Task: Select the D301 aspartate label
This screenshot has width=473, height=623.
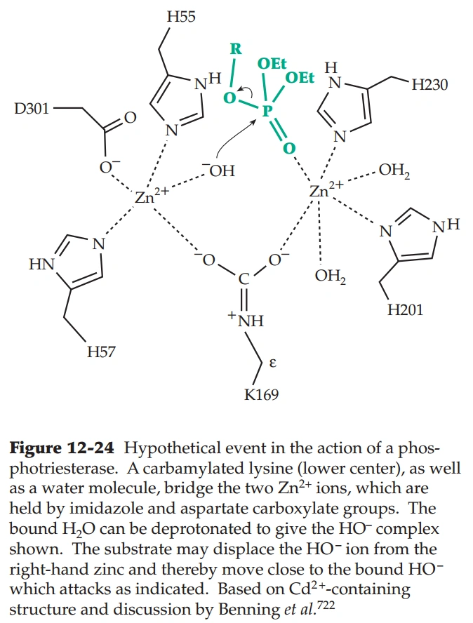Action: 32,109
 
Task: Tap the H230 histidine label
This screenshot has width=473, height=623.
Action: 429,85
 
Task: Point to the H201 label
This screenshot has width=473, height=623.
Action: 405,309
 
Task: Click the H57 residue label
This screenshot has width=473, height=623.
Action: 101,352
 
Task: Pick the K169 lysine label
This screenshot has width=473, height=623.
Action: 261,395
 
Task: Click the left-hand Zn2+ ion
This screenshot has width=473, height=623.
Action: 148,197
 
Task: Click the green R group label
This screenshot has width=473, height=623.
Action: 236,49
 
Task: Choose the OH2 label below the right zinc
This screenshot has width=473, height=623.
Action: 330,276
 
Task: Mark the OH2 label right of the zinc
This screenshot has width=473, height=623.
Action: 394,170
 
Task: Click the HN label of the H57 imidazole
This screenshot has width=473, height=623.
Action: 40,264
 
